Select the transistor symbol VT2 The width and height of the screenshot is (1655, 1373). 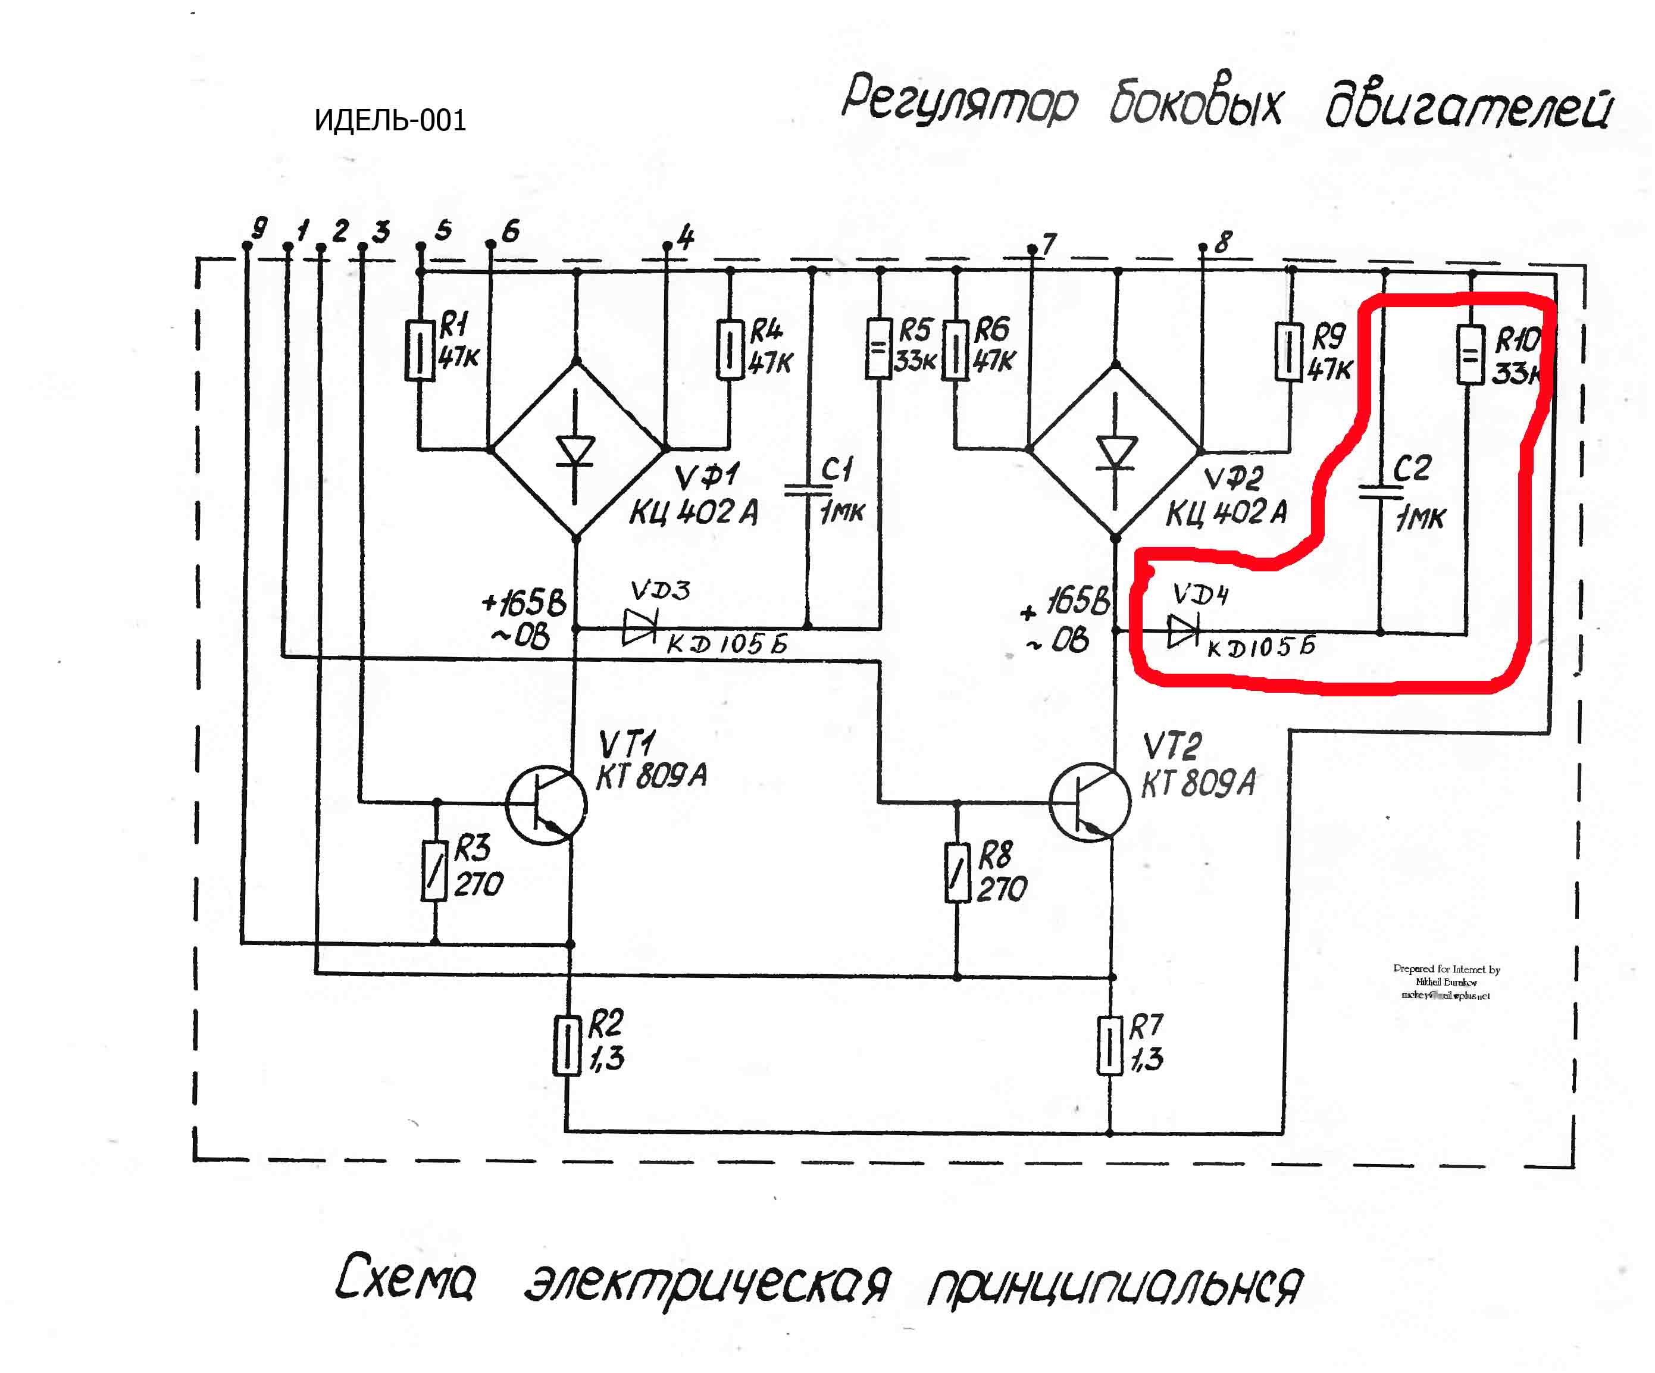point(1090,802)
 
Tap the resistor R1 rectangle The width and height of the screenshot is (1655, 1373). point(420,351)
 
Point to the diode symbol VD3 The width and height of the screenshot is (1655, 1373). point(639,627)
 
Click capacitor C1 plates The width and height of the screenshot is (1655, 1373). point(808,490)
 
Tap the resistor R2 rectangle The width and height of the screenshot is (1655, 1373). point(567,1045)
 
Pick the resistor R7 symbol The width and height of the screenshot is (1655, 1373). point(1110,1045)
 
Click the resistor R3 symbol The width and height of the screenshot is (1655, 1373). point(434,871)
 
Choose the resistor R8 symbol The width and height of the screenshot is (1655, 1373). point(957,872)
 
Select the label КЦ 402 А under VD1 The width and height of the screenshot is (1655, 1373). point(693,512)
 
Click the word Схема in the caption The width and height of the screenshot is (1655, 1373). point(406,1276)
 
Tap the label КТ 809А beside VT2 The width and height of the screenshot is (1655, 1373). point(1199,783)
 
